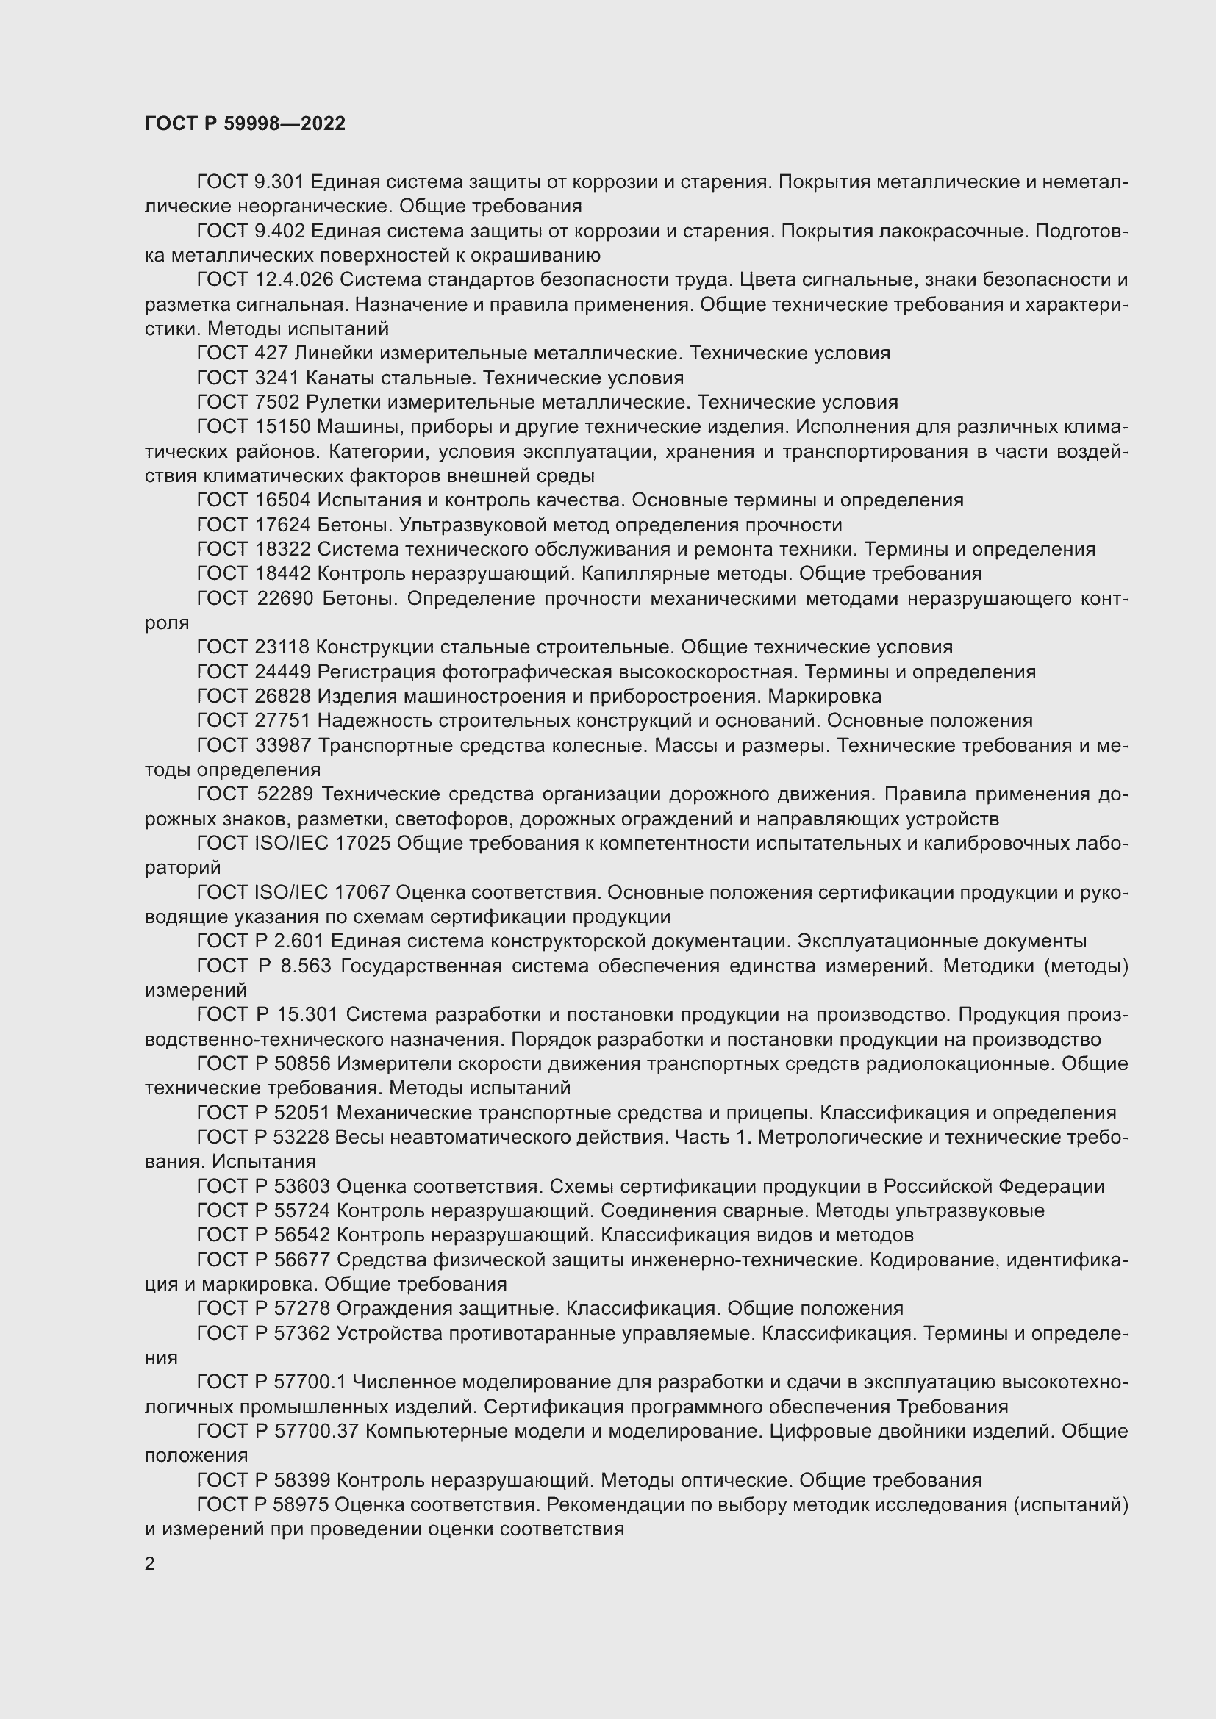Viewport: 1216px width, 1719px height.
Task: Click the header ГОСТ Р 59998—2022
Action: [245, 123]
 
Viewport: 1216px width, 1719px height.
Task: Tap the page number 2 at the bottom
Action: [150, 1563]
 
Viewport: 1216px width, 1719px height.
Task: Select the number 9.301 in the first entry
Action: [278, 182]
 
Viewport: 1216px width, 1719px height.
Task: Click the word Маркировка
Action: [824, 696]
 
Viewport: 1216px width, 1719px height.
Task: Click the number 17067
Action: [361, 892]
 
